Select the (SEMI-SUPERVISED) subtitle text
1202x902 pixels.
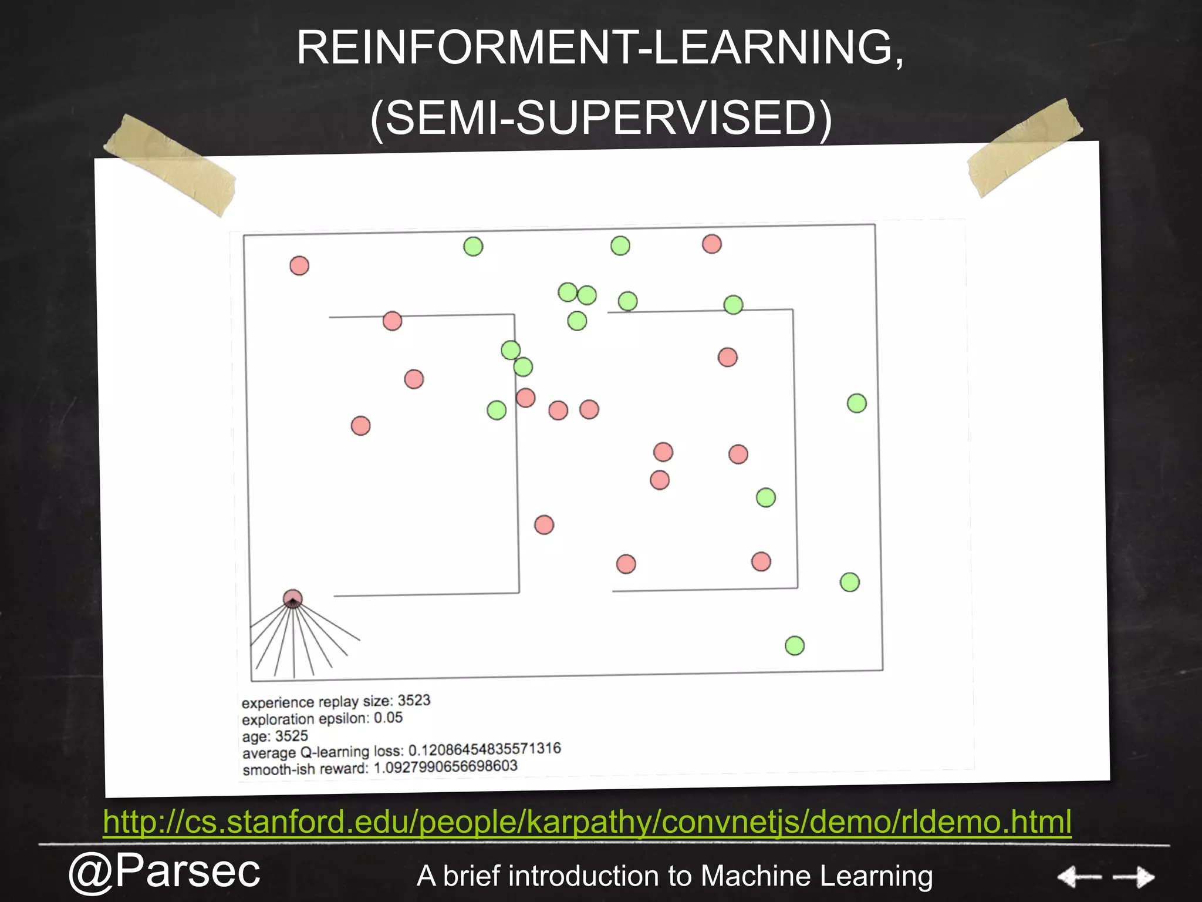click(601, 117)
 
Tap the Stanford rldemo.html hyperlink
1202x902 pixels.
click(587, 821)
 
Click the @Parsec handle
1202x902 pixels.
click(164, 871)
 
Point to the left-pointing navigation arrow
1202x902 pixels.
click(1079, 877)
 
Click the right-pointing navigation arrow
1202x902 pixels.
click(1134, 877)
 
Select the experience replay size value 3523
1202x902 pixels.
click(414, 701)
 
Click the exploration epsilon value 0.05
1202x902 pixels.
click(388, 718)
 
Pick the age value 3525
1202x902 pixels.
click(291, 736)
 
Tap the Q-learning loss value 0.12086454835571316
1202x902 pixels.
click(484, 750)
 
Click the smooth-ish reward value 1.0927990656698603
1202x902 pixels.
click(445, 767)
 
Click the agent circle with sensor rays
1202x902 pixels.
click(292, 599)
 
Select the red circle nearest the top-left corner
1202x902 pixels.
click(299, 266)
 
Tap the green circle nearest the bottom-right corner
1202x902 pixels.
click(795, 646)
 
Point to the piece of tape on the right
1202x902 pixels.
click(1025, 147)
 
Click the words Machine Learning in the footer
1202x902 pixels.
click(816, 876)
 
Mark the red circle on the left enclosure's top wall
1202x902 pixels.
click(392, 321)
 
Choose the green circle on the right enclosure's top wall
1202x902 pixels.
click(733, 305)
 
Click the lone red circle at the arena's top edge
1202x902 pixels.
click(711, 244)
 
